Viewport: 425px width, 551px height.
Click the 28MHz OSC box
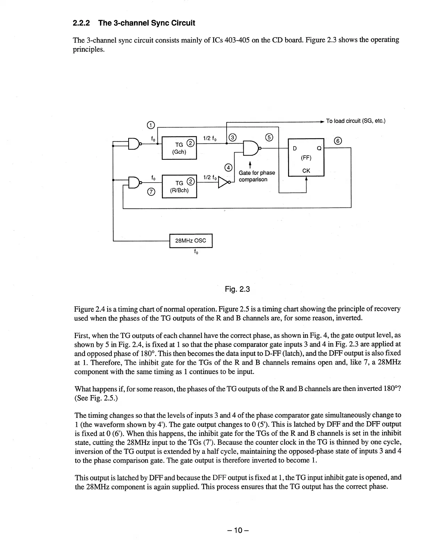[x=190, y=241]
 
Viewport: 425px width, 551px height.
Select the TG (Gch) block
[x=179, y=148]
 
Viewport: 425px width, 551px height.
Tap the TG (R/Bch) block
[x=179, y=186]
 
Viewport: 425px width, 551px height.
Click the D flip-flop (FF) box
[x=306, y=157]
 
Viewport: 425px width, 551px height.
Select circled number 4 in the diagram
[x=228, y=168]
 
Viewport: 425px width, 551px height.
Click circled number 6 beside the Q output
[x=337, y=141]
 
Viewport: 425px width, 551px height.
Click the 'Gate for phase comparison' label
[x=256, y=176]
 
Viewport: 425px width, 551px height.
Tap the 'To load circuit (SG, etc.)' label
[x=355, y=121]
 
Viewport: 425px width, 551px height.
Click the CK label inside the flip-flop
[x=306, y=170]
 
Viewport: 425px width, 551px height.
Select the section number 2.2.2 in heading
[x=82, y=23]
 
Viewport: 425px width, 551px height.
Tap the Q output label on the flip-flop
[x=318, y=149]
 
